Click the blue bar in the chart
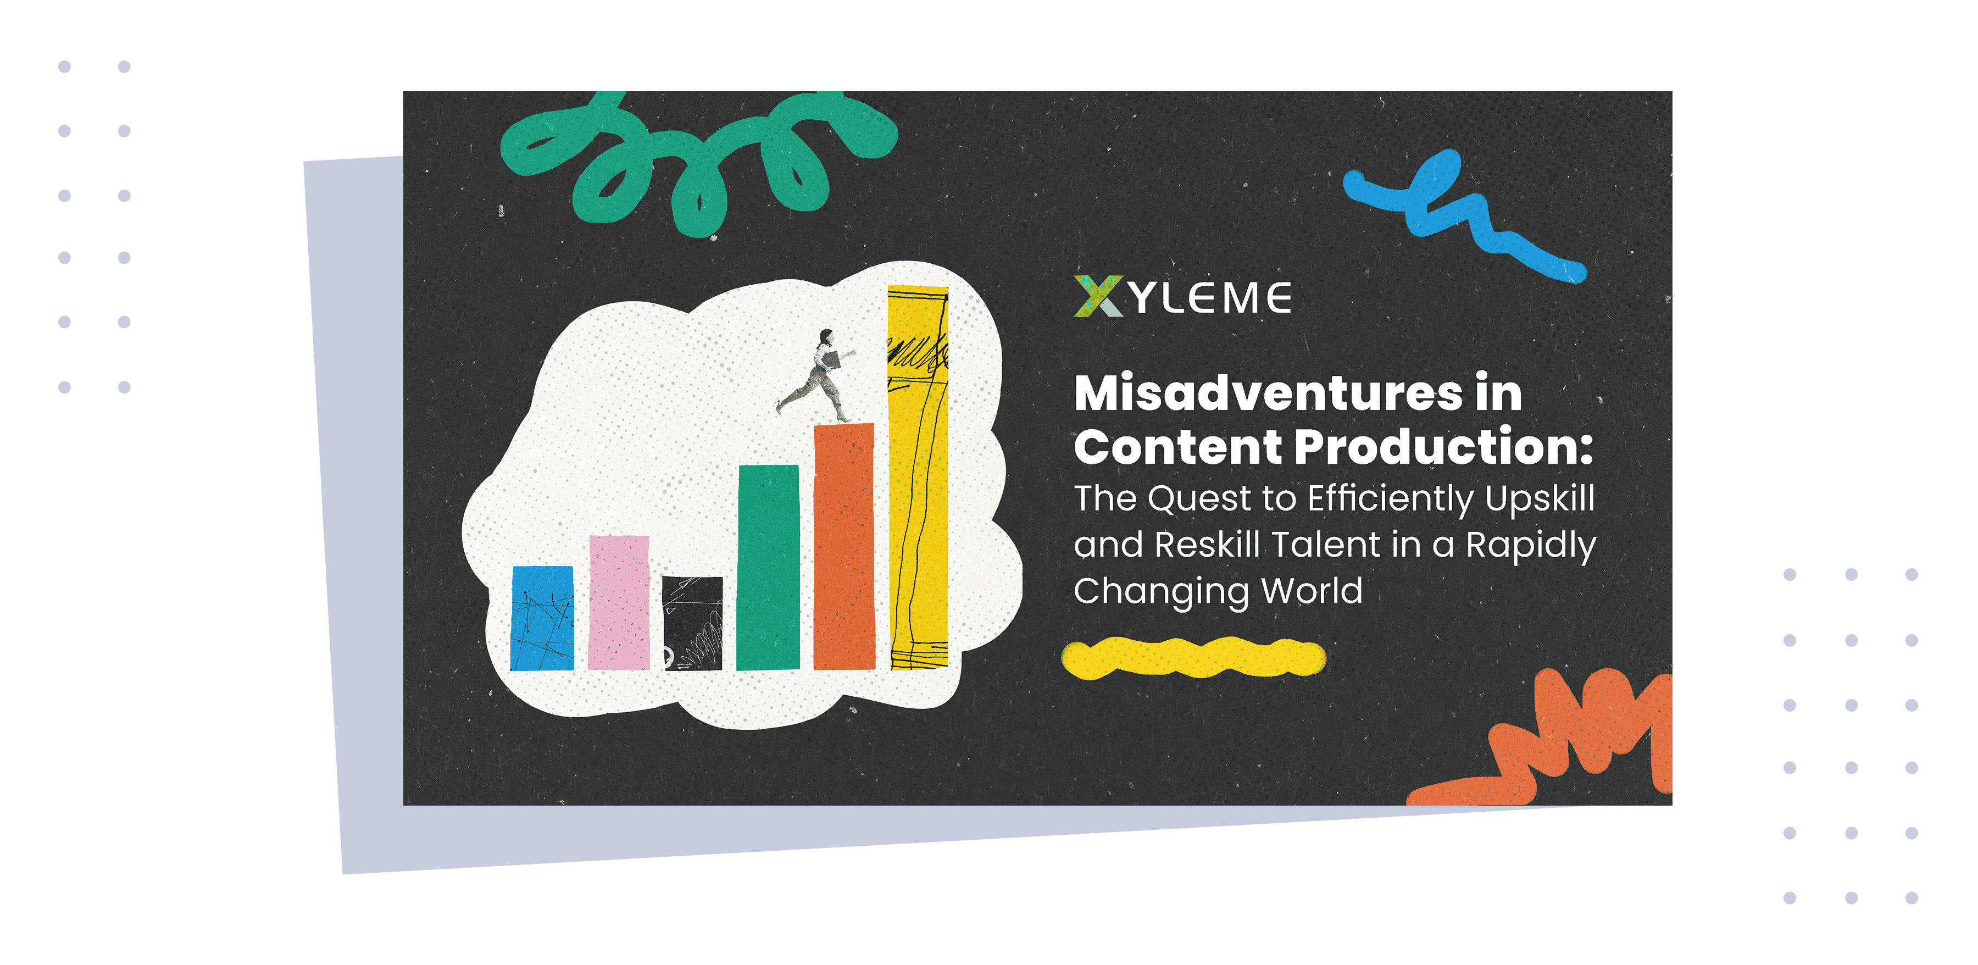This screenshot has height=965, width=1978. click(542, 618)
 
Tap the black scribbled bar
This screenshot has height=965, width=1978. click(693, 623)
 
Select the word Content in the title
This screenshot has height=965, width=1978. click(1178, 447)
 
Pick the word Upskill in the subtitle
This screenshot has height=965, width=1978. click(1540, 499)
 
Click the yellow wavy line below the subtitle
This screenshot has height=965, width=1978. click(1193, 658)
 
